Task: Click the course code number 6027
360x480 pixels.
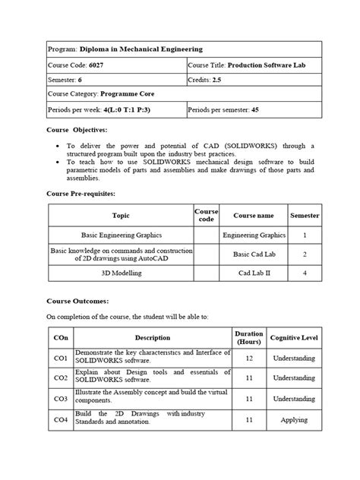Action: pos(99,65)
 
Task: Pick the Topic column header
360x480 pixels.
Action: pos(122,216)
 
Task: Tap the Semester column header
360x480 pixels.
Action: pos(304,216)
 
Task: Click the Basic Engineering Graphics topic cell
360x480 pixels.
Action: pos(122,235)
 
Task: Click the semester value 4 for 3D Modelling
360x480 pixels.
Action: pos(304,273)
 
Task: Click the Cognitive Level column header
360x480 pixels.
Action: pos(294,337)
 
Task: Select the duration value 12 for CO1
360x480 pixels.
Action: pos(249,358)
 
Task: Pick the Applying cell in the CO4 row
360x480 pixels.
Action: pos(294,418)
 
